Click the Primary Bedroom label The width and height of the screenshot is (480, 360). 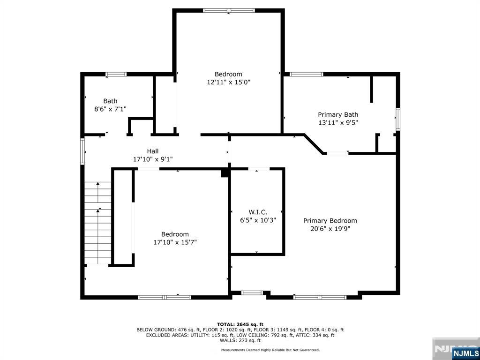330,221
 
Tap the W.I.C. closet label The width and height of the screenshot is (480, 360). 258,212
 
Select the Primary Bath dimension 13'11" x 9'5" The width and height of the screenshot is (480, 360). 338,122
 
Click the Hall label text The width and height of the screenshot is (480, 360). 153,151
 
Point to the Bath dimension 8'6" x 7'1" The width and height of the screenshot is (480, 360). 110,109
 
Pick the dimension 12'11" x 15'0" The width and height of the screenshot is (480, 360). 228,82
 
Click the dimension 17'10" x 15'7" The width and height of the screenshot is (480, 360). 175,242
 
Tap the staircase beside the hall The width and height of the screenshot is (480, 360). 98,223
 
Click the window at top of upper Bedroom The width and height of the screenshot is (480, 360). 229,10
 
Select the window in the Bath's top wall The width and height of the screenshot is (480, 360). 116,74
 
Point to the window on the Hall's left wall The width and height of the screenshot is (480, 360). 82,151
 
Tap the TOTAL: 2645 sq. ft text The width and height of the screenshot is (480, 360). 240,324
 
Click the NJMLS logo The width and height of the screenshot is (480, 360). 465,353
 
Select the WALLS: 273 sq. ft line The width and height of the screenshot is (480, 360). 240,340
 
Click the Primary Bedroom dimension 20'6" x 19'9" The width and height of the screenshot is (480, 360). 330,229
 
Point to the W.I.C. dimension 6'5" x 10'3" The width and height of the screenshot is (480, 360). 258,220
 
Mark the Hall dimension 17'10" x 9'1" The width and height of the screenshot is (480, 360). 153,159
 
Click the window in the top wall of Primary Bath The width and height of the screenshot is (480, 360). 307,74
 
